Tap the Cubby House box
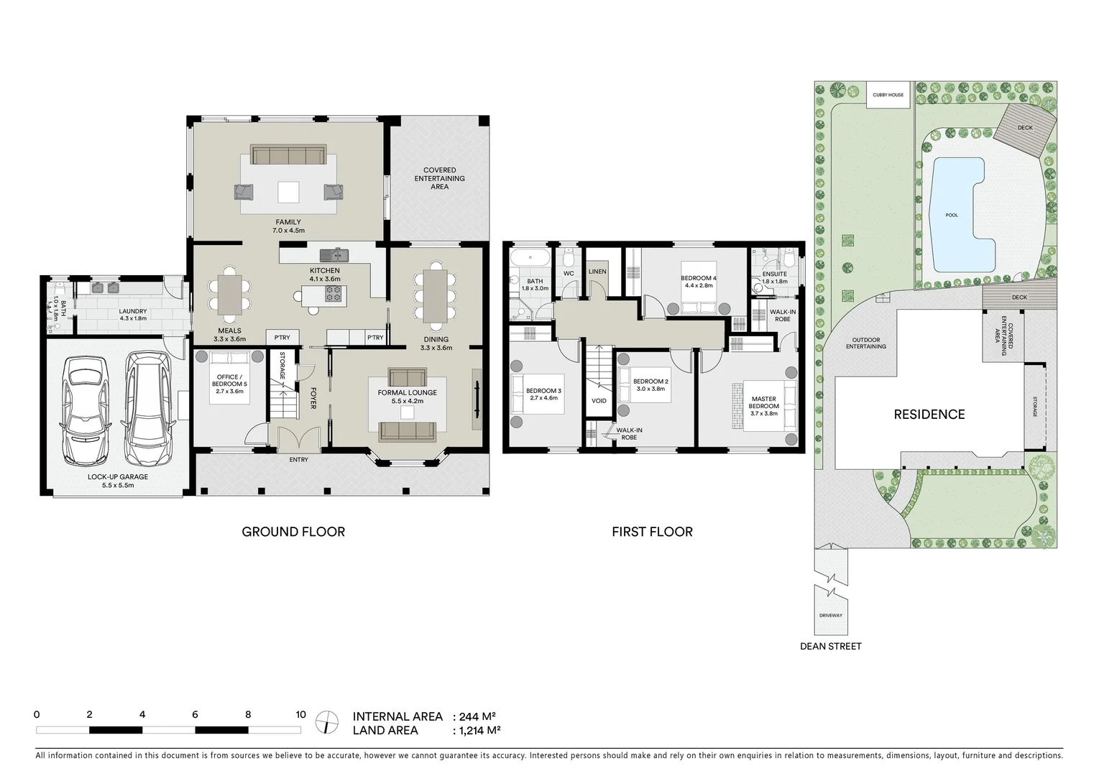point(888,95)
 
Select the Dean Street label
point(830,646)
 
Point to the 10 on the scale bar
point(300,714)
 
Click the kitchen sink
point(334,254)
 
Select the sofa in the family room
point(288,156)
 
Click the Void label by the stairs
point(599,401)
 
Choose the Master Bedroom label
point(763,402)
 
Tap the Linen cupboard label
point(597,272)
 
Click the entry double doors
point(298,440)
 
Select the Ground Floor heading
point(293,532)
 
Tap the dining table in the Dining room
point(436,296)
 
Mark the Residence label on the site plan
point(929,414)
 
